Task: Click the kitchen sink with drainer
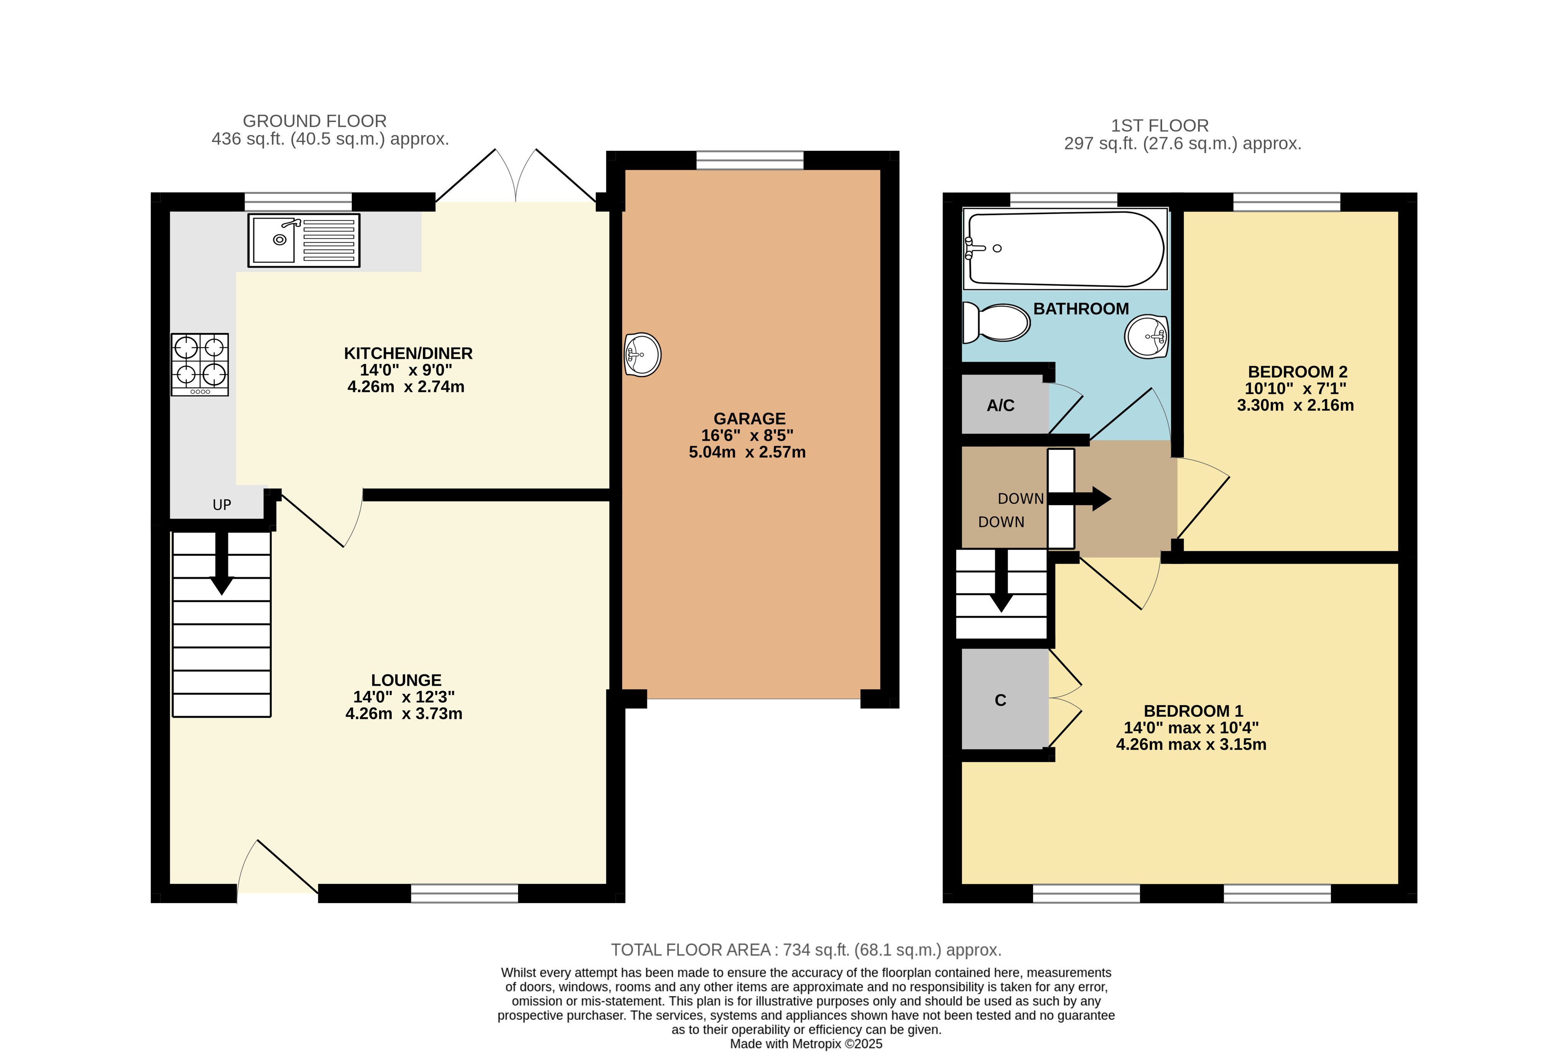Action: coord(304,240)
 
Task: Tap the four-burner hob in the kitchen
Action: coord(200,364)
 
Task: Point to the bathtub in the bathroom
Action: coord(1065,249)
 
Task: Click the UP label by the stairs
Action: coord(222,505)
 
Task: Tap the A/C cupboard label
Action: coord(1000,405)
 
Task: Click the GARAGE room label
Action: coord(750,418)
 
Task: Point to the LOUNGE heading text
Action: coord(406,680)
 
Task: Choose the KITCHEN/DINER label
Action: coord(408,353)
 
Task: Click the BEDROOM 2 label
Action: coord(1298,372)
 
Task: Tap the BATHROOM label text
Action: coord(1081,309)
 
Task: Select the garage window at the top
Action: coord(750,160)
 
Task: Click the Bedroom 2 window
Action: coord(1286,202)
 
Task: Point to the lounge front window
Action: coord(465,893)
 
